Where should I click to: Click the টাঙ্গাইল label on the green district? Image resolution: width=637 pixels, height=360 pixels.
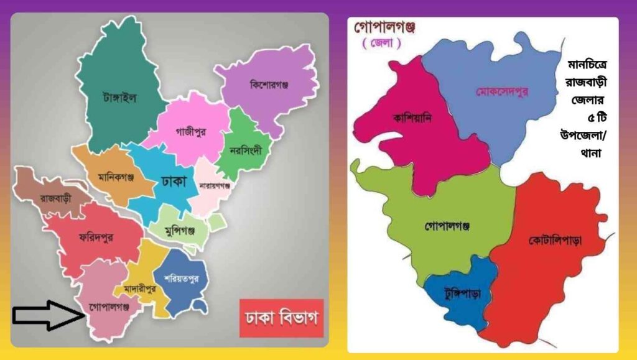coord(119,97)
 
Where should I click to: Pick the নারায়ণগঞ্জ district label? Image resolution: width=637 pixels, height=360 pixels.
coord(215,185)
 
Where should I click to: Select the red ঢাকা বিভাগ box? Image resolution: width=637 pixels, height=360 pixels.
coord(281,319)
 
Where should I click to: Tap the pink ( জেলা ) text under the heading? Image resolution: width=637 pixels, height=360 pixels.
coord(381,44)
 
